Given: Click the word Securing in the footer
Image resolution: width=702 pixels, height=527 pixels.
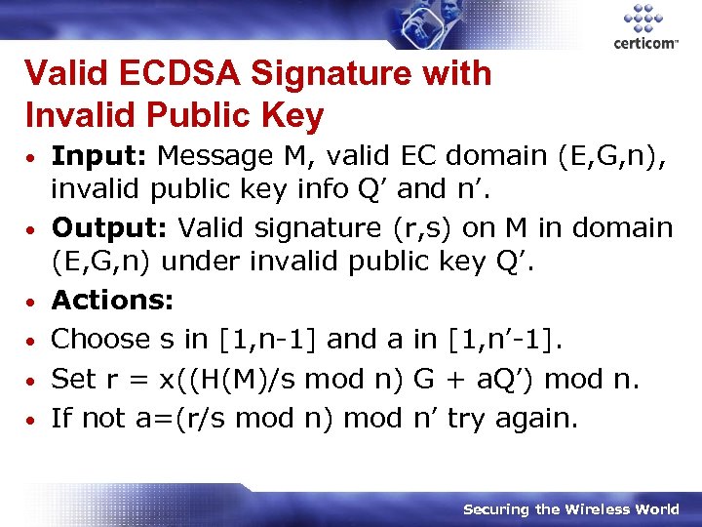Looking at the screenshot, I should coord(496,509).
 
